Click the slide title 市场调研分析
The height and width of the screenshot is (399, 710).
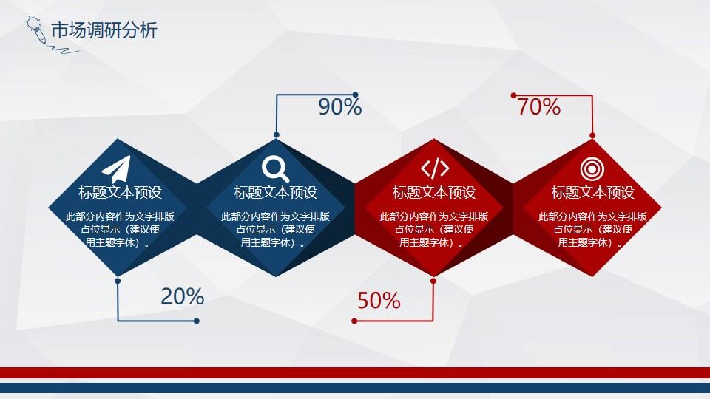click(104, 31)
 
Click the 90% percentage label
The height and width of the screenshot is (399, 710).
click(339, 107)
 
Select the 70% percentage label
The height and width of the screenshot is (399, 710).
click(538, 107)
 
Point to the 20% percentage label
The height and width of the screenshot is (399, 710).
click(182, 296)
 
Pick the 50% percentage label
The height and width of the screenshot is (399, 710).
click(379, 301)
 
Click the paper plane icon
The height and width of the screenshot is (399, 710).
click(117, 168)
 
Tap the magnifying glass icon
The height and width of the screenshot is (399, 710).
click(276, 168)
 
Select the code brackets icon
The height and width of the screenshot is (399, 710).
click(434, 168)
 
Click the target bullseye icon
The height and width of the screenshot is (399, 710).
click(592, 168)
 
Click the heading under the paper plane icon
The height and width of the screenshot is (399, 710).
click(120, 193)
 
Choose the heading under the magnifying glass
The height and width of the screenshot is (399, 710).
click(276, 193)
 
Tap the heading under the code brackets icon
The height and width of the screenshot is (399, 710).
click(434, 193)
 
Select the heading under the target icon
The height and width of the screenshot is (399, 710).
click(592, 193)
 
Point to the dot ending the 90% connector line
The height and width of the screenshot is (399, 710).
click(355, 95)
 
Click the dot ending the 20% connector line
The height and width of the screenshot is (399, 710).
click(197, 321)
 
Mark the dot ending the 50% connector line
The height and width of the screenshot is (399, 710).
click(355, 321)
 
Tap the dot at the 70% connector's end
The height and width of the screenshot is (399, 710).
click(513, 95)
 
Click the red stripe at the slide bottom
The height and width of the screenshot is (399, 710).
click(355, 372)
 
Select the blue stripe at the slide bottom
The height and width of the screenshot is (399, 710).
click(355, 387)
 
